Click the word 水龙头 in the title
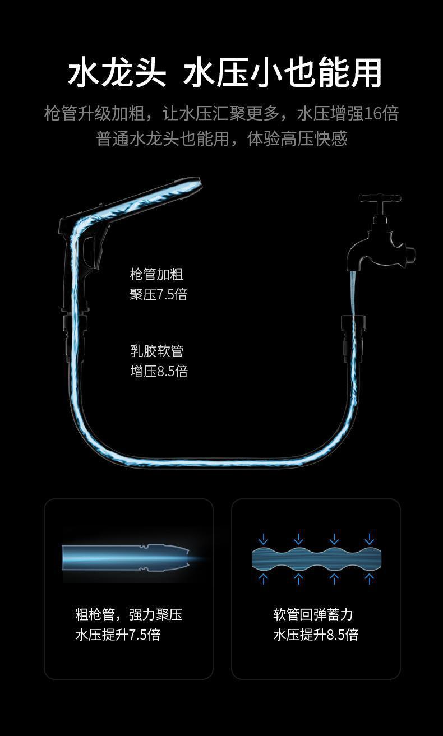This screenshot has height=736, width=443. point(117,73)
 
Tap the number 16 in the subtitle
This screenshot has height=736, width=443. point(372,114)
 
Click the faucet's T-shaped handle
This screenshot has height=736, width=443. point(381,199)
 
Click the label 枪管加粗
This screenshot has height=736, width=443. point(156,274)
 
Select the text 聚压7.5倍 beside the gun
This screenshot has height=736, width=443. point(158,294)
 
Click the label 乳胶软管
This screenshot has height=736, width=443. point(157,351)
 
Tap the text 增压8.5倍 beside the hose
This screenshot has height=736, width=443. point(159,371)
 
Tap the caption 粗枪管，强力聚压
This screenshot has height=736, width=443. point(128,614)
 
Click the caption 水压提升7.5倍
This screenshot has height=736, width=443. point(118,635)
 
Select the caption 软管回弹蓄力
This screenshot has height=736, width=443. point(313,614)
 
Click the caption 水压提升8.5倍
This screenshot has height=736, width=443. point(316,635)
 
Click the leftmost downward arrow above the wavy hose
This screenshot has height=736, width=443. point(262,540)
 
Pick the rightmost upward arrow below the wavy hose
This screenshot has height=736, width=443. point(370,578)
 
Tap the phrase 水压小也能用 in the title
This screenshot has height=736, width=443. point(282,73)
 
